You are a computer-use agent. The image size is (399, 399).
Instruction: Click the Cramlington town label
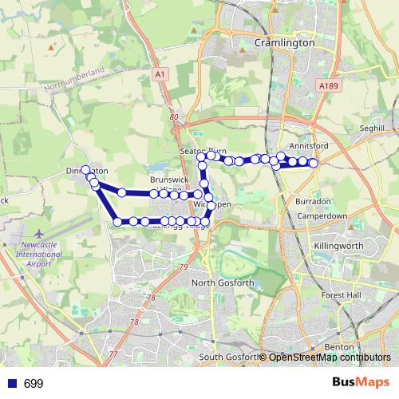(283, 42)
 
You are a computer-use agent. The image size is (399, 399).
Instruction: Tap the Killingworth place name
(338, 247)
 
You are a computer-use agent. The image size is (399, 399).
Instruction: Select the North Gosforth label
(223, 282)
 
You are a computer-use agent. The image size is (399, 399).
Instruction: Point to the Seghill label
(372, 128)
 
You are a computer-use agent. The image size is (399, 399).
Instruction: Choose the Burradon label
(314, 202)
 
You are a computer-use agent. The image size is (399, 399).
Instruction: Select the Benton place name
(335, 348)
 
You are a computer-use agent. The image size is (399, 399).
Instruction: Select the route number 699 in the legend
(34, 384)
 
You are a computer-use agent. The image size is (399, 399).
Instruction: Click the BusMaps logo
(361, 383)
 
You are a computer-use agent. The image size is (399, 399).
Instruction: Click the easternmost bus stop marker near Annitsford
(314, 163)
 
